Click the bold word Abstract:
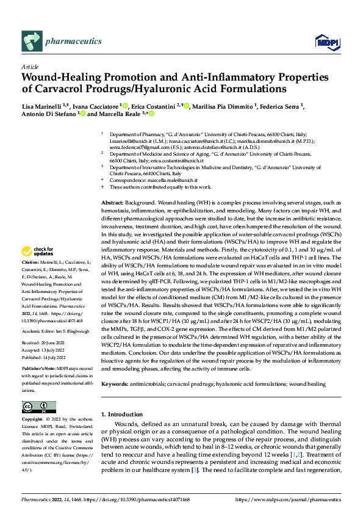pyautogui.click(x=112, y=185)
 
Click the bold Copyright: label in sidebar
pyautogui.click(x=34, y=421)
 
